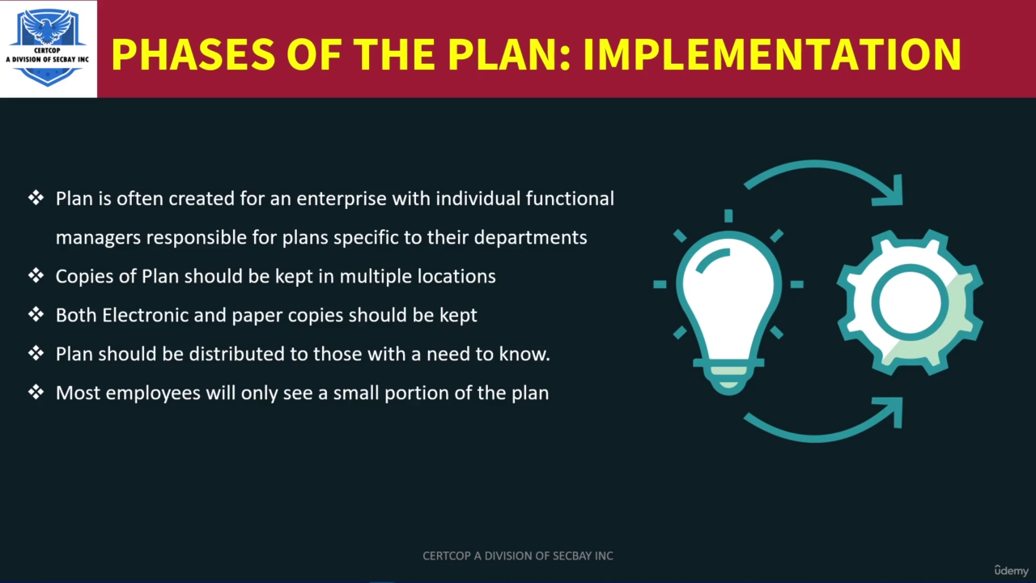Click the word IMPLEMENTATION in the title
[772, 54]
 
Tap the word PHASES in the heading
[193, 54]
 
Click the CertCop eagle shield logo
[48, 48]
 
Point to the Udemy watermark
[1011, 571]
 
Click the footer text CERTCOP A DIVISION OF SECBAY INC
[518, 555]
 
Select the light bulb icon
[728, 303]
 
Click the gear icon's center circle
[910, 303]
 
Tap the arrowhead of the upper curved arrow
[890, 192]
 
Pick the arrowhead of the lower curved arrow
[890, 411]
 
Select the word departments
[530, 238]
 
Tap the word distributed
[236, 354]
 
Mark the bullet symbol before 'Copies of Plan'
[36, 276]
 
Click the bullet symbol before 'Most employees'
[36, 393]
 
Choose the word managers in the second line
[99, 238]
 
